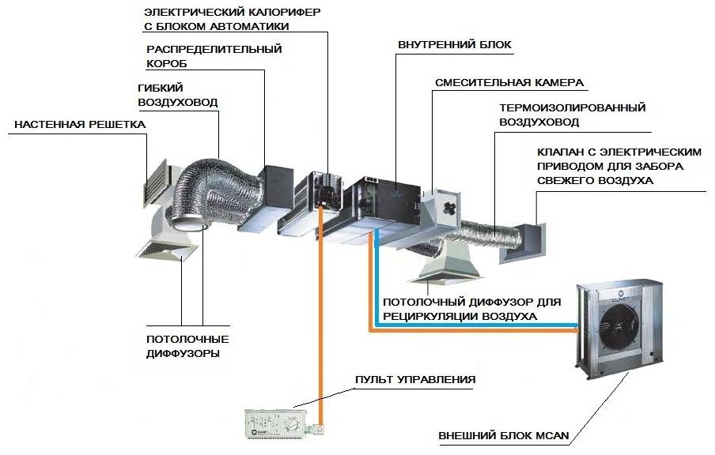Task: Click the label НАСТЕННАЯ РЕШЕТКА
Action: pos(80,125)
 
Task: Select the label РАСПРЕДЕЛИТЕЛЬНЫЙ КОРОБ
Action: pos(214,55)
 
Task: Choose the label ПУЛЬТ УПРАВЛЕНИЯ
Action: pos(415,380)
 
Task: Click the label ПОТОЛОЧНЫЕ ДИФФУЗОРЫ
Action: pos(183,347)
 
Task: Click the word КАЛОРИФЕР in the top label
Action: pos(268,12)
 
